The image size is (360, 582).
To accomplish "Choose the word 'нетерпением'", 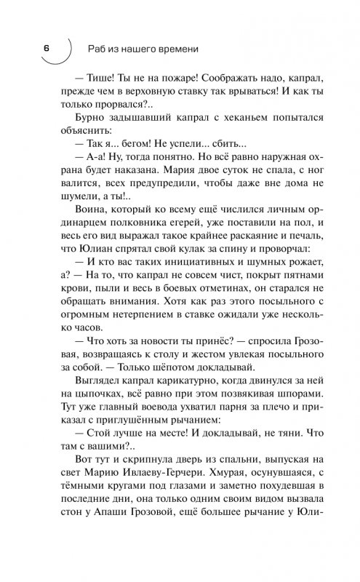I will (x=138, y=350).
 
